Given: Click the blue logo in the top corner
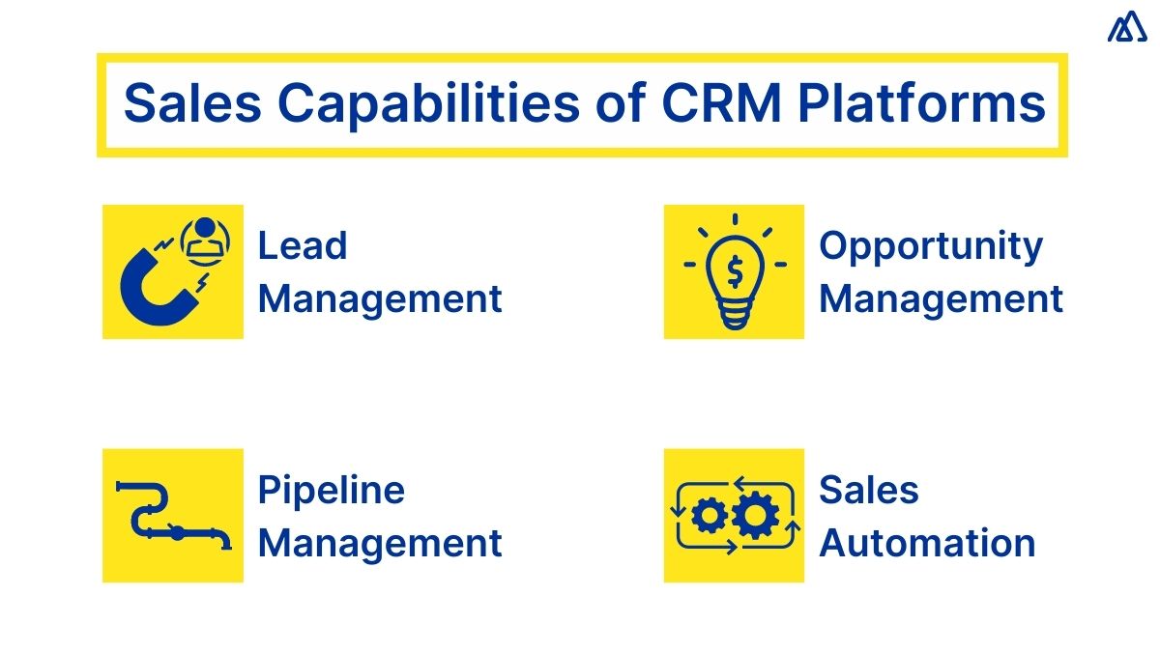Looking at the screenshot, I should (x=1127, y=28).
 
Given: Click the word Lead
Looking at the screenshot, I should (x=302, y=246).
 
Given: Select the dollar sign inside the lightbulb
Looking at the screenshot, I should (x=735, y=273).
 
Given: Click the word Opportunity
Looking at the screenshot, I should (x=931, y=246).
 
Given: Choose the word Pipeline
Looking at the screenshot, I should (x=331, y=491).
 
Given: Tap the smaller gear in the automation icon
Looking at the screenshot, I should (x=710, y=516).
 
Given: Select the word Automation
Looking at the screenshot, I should (x=927, y=543).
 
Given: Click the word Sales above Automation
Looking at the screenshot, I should (x=869, y=491).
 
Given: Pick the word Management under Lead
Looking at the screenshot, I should (x=380, y=298).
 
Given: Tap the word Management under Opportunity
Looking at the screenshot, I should (x=941, y=298).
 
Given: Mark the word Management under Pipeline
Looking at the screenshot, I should (x=380, y=543).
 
